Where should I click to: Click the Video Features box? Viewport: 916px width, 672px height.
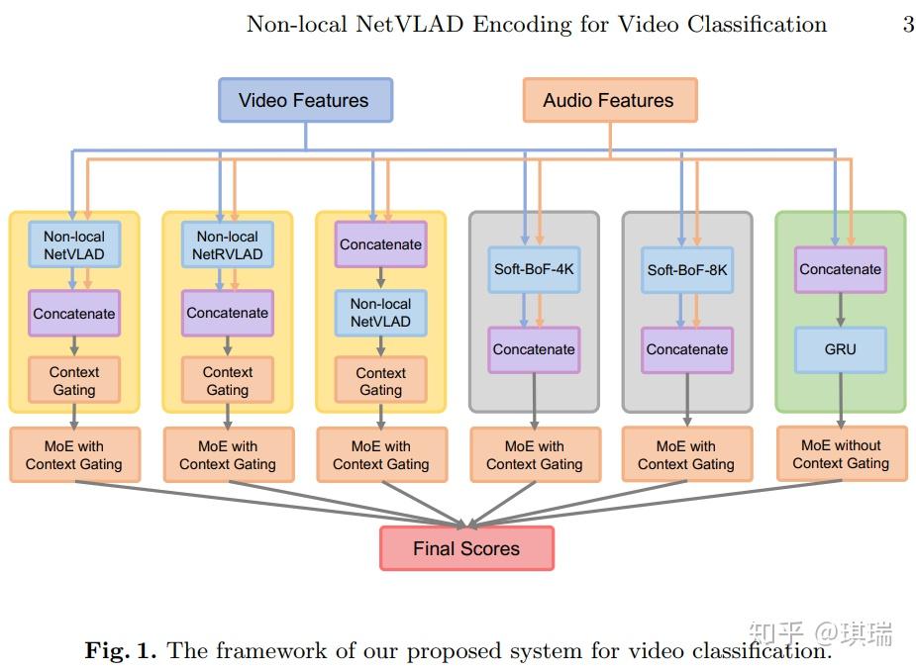point(305,101)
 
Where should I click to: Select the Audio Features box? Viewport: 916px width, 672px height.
point(609,101)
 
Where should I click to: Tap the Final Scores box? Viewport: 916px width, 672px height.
point(466,549)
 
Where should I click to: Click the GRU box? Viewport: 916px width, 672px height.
point(840,349)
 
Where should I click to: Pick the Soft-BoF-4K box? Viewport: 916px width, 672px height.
point(534,269)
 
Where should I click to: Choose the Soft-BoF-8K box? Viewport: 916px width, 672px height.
point(687,269)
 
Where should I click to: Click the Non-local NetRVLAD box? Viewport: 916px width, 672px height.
point(228,245)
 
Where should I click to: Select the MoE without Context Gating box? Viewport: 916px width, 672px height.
point(841,454)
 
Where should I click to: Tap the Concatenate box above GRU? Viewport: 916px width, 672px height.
point(840,269)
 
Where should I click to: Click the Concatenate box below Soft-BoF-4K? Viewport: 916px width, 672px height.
point(534,349)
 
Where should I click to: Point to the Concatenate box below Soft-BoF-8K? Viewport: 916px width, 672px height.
point(687,349)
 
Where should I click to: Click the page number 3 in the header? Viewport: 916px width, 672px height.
point(908,25)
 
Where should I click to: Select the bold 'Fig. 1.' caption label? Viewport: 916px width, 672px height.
point(121,650)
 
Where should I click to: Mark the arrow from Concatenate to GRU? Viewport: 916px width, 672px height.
point(840,310)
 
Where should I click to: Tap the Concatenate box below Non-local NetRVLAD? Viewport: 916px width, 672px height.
point(228,313)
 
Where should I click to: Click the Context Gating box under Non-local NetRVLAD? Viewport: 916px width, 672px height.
point(228,381)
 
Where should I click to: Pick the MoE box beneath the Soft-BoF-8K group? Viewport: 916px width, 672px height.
point(687,454)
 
